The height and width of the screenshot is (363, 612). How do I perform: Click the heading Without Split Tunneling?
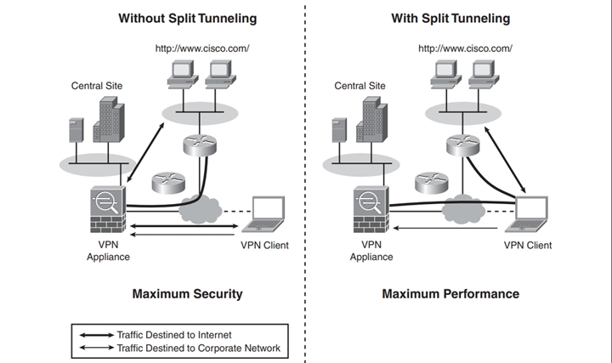(187, 18)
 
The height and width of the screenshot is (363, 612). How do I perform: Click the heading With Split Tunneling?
(450, 18)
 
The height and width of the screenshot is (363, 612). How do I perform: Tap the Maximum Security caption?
(187, 294)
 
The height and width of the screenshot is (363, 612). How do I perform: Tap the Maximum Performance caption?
(450, 294)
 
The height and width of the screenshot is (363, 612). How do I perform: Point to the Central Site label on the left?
(98, 86)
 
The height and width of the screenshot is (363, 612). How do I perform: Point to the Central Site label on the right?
(360, 86)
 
